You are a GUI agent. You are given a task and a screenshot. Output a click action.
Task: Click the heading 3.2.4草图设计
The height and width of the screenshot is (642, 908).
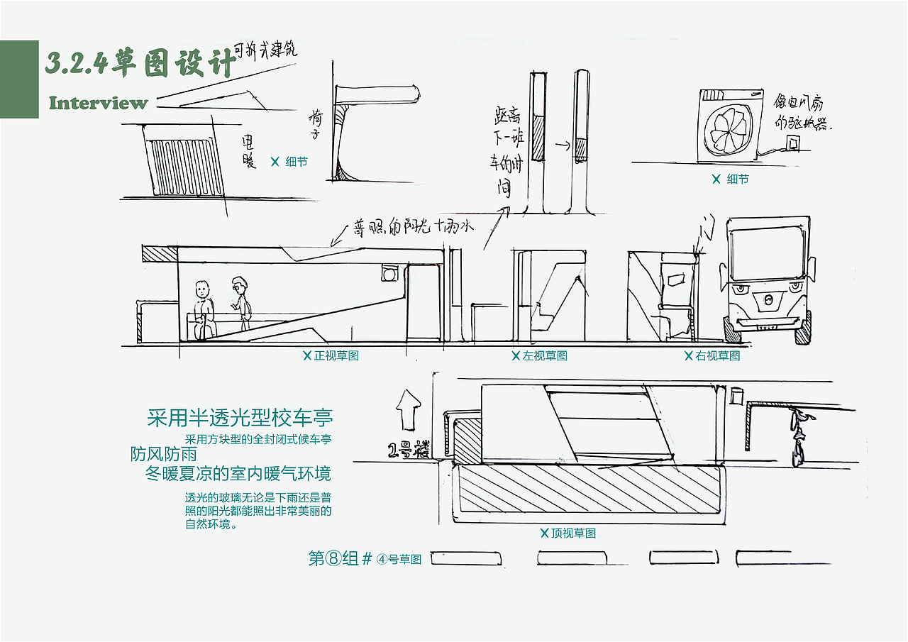[140, 64]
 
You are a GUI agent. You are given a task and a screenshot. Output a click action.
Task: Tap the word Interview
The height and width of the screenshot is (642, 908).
[98, 103]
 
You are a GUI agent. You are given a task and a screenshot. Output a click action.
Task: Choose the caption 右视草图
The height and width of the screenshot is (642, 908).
[713, 355]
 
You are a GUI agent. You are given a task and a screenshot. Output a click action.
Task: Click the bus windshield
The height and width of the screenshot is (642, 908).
[767, 252]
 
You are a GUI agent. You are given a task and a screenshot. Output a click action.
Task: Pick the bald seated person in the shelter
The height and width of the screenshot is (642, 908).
[204, 310]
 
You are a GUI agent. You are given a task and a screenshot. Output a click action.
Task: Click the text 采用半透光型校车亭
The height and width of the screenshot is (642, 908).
[240, 417]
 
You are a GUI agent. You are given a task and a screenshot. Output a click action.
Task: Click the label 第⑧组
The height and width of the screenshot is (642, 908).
[333, 558]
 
